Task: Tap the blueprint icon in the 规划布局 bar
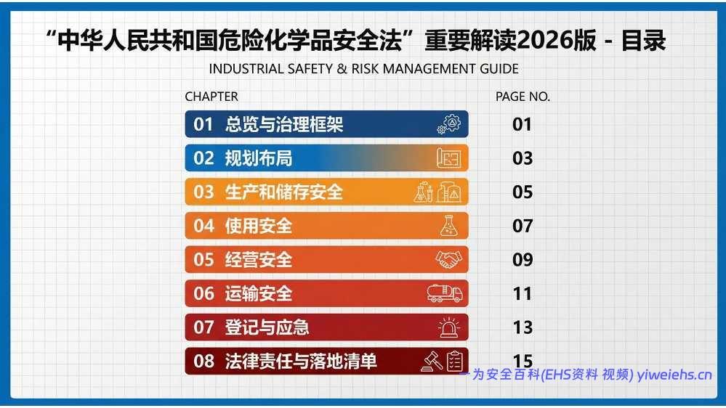(448, 158)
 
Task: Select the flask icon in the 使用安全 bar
(448, 226)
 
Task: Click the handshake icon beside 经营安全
(448, 260)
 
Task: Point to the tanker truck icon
(445, 293)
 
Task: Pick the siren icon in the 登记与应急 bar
(448, 327)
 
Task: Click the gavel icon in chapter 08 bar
(432, 361)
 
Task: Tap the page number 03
(523, 158)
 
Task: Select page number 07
(523, 226)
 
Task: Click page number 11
(523, 293)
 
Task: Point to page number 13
(523, 327)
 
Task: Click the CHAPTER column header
(211, 97)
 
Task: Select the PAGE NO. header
(523, 97)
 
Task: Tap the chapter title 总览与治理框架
(284, 125)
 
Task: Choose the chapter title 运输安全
(259, 293)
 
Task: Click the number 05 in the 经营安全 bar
(203, 260)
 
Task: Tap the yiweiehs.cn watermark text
(674, 375)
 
